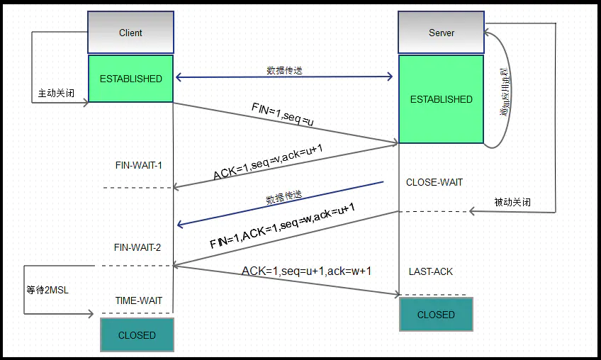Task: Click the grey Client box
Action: click(x=130, y=33)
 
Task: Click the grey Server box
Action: click(x=442, y=33)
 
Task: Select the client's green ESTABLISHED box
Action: click(x=130, y=79)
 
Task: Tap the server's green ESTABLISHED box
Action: click(x=441, y=99)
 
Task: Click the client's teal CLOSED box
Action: click(x=137, y=335)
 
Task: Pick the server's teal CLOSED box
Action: click(x=436, y=315)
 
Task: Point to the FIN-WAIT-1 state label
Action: click(x=139, y=165)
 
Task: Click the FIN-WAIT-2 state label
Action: click(x=137, y=247)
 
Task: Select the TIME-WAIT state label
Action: click(x=139, y=300)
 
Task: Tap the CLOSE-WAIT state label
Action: click(x=434, y=182)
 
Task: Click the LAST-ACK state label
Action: click(x=431, y=271)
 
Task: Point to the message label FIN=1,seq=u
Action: click(x=282, y=115)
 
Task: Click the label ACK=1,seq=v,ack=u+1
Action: click(x=269, y=162)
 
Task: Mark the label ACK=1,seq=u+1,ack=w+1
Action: click(x=306, y=271)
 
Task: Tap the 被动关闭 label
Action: click(x=512, y=202)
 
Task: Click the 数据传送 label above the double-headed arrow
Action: click(x=284, y=70)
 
